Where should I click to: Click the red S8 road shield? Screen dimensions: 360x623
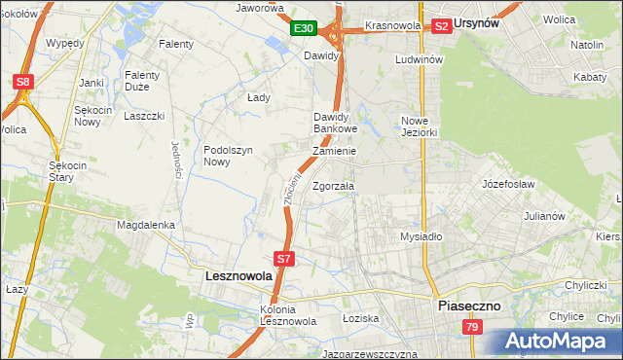[22, 82]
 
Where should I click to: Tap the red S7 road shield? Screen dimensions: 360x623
[283, 259]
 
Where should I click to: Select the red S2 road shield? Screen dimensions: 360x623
[441, 26]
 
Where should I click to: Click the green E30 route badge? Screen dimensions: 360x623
[304, 29]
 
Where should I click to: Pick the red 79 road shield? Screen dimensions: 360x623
[472, 328]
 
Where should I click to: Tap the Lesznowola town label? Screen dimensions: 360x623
[238, 275]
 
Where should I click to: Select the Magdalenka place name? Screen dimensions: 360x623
[145, 225]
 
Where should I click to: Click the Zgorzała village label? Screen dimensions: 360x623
[334, 186]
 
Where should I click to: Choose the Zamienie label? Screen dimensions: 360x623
[334, 152]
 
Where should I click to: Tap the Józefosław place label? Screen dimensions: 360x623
[510, 183]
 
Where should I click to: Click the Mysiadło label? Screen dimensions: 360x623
[421, 236]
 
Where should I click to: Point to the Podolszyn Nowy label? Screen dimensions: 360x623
[229, 156]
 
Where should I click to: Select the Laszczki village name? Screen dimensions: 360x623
[144, 116]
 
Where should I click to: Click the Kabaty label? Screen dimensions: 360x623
[590, 76]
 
